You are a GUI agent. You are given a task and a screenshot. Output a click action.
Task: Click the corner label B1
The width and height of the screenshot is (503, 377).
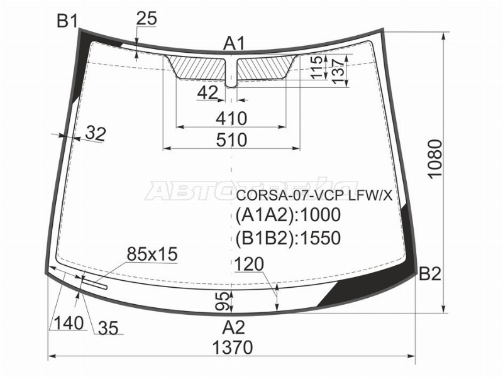[67, 21]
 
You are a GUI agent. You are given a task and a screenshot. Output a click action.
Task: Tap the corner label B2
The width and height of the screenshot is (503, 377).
[430, 274]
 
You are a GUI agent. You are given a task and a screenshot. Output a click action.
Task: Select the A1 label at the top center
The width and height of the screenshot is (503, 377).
[234, 43]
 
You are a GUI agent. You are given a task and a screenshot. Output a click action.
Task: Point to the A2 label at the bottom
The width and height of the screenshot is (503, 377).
[234, 327]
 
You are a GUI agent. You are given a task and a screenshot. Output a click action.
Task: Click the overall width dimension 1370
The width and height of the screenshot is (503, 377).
[233, 347]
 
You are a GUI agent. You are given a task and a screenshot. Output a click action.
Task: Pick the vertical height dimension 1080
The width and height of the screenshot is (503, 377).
[435, 158]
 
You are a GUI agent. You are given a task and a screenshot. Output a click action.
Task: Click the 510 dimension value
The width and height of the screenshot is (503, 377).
[231, 140]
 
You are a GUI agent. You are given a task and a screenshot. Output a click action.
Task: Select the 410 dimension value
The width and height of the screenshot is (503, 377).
[231, 119]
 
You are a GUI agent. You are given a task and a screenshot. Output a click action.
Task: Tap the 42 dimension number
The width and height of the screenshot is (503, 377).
[207, 93]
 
